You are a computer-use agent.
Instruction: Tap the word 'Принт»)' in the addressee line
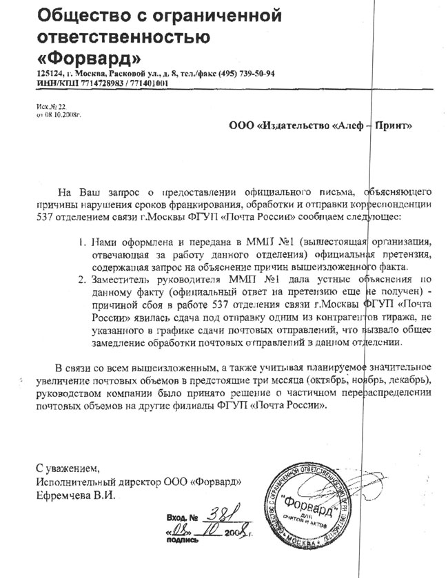point(392,126)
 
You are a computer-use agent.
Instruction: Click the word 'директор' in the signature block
point(132,480)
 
